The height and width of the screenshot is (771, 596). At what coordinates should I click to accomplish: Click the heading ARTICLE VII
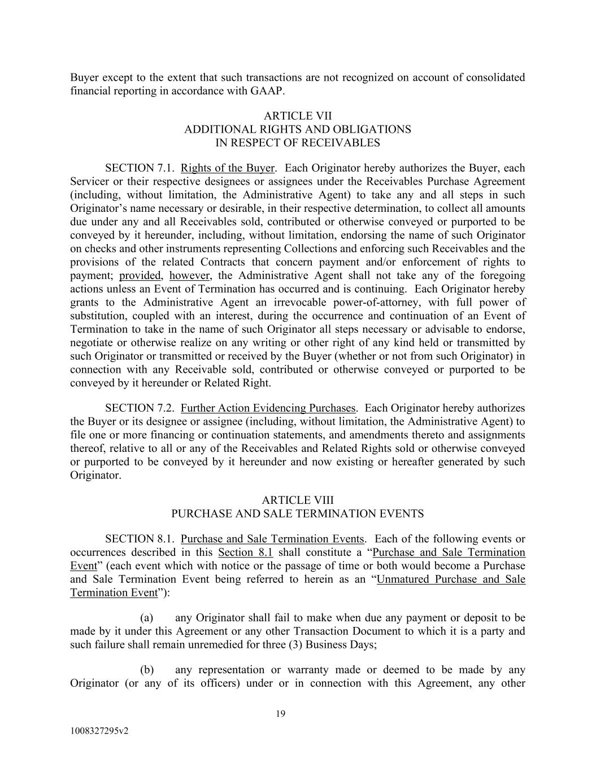pyautogui.click(x=298, y=116)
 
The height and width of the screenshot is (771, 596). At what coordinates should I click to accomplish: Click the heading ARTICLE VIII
pyautogui.click(x=298, y=500)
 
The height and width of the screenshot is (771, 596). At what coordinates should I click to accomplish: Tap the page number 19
pyautogui.click(x=281, y=714)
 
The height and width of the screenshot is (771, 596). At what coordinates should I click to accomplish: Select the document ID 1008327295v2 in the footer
pyautogui.click(x=99, y=731)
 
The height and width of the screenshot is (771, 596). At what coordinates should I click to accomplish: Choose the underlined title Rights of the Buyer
pyautogui.click(x=227, y=168)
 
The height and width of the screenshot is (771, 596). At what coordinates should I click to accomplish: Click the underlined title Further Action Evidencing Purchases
pyautogui.click(x=268, y=408)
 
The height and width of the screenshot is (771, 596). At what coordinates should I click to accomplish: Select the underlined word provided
pyautogui.click(x=140, y=276)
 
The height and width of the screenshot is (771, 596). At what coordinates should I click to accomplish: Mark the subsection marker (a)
pyautogui.click(x=147, y=618)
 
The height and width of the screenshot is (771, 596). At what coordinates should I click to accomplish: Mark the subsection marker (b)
pyautogui.click(x=147, y=670)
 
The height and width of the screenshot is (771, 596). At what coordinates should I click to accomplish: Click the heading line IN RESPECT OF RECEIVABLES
pyautogui.click(x=298, y=143)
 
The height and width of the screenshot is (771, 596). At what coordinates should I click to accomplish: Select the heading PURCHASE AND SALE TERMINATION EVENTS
pyautogui.click(x=298, y=514)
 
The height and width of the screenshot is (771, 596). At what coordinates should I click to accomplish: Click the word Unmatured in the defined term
pyautogui.click(x=403, y=580)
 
